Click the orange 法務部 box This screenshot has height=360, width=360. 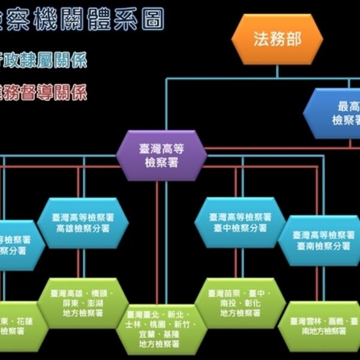277,40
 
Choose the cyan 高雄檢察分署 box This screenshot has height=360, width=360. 83,223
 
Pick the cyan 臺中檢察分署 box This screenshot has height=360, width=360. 240,222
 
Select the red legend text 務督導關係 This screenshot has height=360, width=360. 45,92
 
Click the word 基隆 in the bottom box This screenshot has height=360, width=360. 172,334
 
